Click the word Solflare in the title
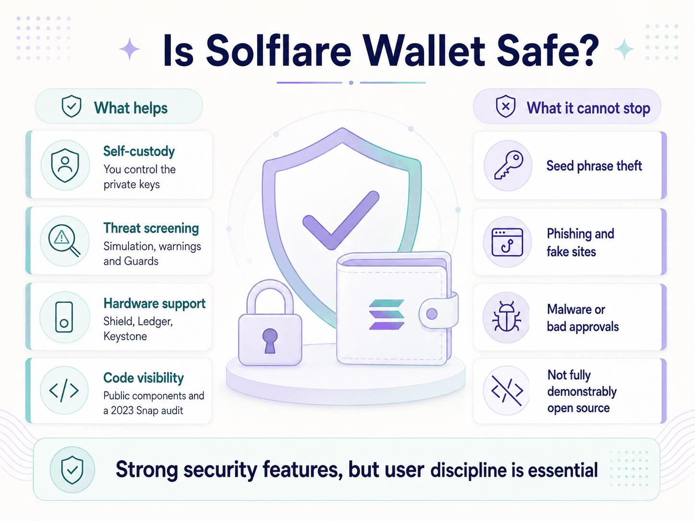(279, 51)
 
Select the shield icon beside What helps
(71, 107)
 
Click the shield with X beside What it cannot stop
(506, 107)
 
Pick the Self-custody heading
(139, 151)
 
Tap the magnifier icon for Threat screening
(64, 240)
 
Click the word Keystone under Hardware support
(125, 336)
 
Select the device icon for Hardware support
(64, 317)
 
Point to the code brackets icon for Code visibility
(64, 391)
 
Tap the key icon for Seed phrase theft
(508, 165)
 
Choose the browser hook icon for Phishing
(507, 242)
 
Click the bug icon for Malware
(506, 316)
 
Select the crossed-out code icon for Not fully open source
(507, 391)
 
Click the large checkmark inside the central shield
(341, 220)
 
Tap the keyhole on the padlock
(270, 340)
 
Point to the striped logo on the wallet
(386, 314)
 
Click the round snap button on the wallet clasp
(432, 314)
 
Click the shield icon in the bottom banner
(72, 470)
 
